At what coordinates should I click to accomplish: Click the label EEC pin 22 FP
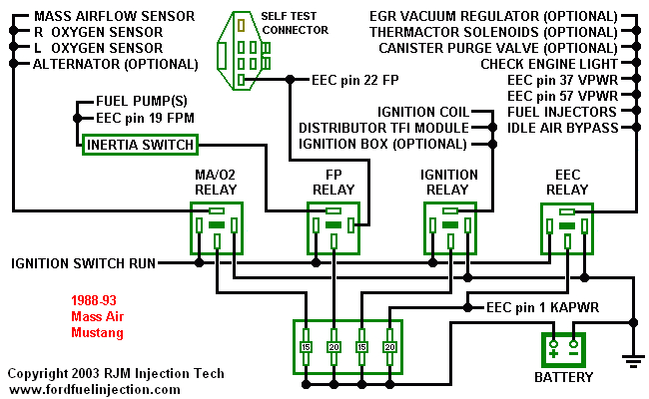click(355, 78)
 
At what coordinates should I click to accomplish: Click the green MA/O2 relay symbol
click(217, 228)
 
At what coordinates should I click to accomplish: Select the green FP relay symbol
click(332, 228)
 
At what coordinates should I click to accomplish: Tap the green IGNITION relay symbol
click(449, 228)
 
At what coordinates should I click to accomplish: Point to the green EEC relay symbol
click(566, 228)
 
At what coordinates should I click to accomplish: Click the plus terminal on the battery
click(552, 350)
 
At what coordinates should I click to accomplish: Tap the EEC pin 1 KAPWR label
click(542, 307)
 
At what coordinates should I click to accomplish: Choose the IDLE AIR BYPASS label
click(564, 128)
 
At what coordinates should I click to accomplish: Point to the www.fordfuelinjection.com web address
click(95, 390)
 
